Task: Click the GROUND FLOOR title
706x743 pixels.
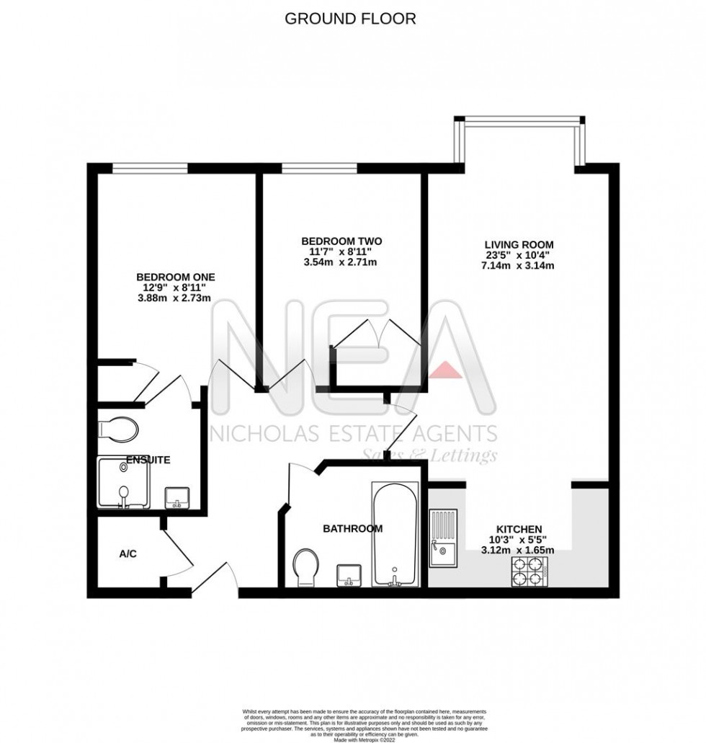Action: click(350, 19)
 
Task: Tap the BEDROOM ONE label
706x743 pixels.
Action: click(176, 277)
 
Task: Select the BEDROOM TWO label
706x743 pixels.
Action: click(341, 241)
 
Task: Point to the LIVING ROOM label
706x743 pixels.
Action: click(519, 244)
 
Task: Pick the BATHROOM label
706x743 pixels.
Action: click(352, 529)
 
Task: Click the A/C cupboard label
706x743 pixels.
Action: click(128, 554)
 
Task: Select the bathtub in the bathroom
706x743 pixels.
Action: click(394, 534)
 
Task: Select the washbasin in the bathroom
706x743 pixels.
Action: click(350, 575)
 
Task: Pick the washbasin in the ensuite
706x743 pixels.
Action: click(177, 497)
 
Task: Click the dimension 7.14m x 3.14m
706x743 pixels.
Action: click(519, 266)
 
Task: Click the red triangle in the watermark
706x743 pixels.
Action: click(447, 369)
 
